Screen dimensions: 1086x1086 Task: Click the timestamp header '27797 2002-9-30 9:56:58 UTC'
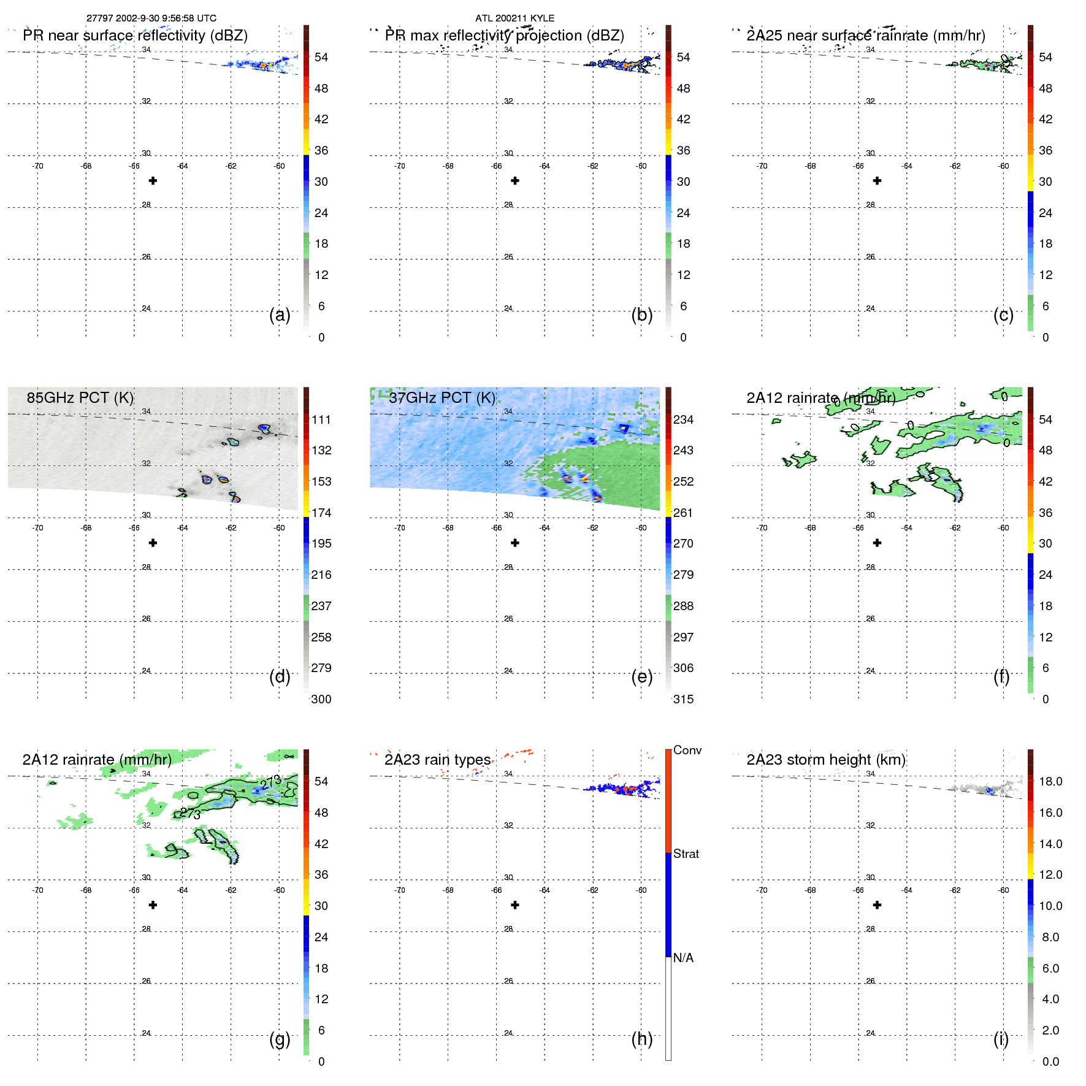[151, 18]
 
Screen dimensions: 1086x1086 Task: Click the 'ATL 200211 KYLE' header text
[514, 18]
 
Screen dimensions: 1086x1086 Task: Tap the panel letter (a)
[280, 315]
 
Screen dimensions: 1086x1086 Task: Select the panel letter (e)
[642, 676]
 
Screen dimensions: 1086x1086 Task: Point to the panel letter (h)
[642, 1039]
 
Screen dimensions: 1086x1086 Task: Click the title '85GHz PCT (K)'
[80, 397]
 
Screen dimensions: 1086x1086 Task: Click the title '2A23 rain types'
[437, 760]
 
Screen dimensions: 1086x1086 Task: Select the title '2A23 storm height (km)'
[825, 760]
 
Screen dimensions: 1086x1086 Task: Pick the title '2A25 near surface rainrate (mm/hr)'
[865, 36]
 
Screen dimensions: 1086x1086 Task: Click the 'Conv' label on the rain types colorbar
[687, 750]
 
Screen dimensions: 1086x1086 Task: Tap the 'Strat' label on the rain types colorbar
[686, 854]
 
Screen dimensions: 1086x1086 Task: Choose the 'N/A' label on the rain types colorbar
[683, 958]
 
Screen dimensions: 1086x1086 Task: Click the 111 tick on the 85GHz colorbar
[321, 419]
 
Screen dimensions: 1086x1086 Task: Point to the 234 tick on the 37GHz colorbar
[683, 419]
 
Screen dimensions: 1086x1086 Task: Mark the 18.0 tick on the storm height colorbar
[1050, 781]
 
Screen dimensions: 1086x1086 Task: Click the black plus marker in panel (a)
[153, 181]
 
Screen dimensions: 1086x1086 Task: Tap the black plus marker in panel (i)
[877, 905]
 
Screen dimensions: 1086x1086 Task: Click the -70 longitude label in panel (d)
[37, 528]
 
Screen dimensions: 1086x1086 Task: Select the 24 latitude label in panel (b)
[508, 308]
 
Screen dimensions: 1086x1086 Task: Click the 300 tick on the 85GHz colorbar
[321, 699]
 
